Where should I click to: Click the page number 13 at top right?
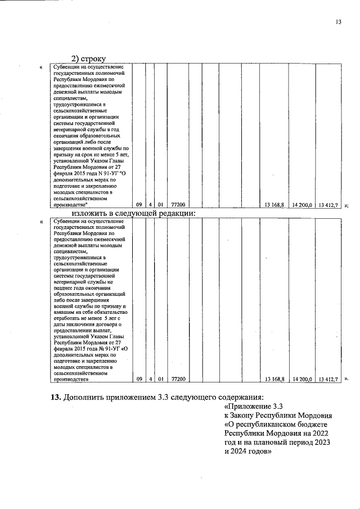(338, 22)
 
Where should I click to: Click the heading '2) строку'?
(88, 58)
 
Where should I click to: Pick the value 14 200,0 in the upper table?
(301, 205)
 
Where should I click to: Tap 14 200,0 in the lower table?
(301, 380)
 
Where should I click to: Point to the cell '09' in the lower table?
(139, 380)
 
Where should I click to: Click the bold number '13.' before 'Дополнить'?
(56, 397)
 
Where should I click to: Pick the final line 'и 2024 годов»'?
(248, 451)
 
